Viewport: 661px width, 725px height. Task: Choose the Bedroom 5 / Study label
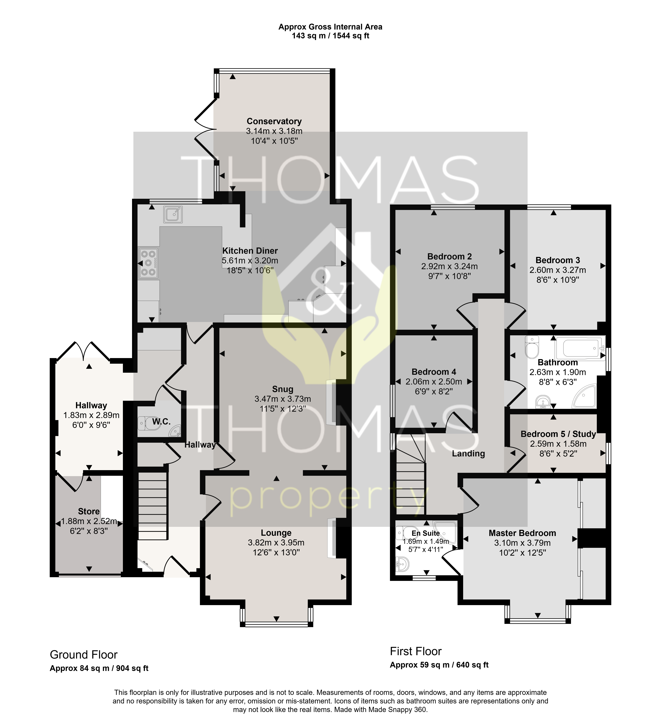[558, 434]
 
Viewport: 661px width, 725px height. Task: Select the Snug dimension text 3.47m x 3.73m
[283, 399]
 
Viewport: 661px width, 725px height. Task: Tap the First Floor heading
[416, 651]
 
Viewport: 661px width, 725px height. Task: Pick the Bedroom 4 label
[434, 372]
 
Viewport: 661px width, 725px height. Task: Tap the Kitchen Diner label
[250, 251]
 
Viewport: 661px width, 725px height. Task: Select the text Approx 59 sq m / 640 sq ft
[439, 665]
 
